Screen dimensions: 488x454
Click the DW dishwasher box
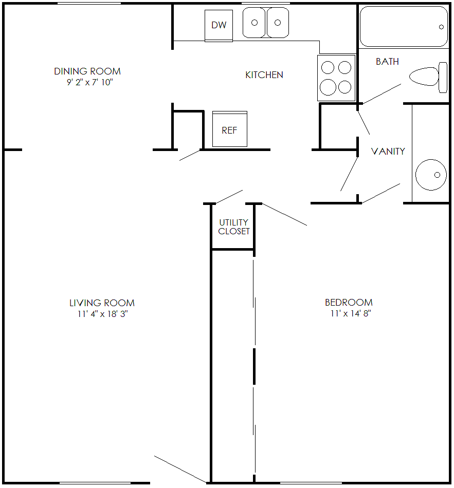point(219,25)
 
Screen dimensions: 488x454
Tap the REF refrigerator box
point(229,129)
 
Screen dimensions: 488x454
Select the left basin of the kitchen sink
point(254,23)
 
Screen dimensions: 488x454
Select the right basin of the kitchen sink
point(278,23)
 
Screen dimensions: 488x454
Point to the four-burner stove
point(336,78)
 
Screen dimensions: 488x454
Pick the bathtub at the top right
point(404,27)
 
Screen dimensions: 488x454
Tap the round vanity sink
point(430,175)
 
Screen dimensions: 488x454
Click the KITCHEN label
point(264,75)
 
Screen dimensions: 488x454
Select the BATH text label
point(387,62)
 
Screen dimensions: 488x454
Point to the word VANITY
point(388,151)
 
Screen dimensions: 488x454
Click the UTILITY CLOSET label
point(233,227)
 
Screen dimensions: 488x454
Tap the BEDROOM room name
point(349,303)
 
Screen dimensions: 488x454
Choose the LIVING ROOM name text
point(102,303)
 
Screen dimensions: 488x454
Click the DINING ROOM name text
point(87,71)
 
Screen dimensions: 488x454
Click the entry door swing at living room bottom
point(180,468)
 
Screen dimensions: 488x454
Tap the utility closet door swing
point(229,196)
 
